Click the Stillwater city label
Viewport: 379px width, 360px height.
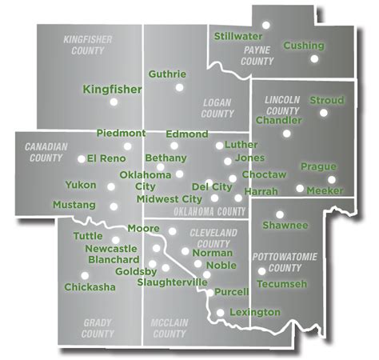(x=238, y=36)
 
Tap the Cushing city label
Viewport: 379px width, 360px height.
(x=303, y=46)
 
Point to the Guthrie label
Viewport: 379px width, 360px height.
(x=167, y=74)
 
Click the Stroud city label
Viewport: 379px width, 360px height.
(x=326, y=101)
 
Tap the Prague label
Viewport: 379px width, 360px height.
(x=318, y=166)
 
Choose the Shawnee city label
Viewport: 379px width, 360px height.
(x=285, y=226)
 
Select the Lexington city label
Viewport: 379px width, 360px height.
(x=254, y=311)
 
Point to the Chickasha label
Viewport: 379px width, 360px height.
(x=90, y=286)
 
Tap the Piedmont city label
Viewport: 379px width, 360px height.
(x=121, y=132)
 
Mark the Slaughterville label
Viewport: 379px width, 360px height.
(x=173, y=282)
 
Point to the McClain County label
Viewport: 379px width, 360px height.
(x=169, y=329)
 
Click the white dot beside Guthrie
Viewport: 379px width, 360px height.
(x=179, y=86)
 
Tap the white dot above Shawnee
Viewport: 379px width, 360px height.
(x=280, y=214)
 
